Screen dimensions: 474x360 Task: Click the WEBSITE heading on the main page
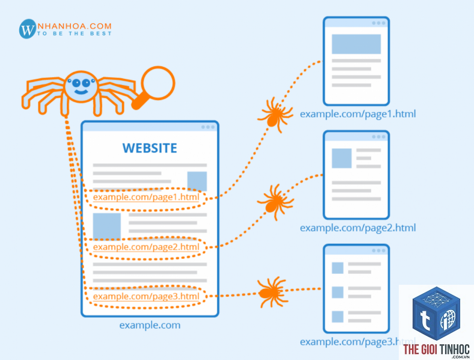click(x=150, y=148)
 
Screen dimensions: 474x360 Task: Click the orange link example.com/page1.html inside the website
click(x=146, y=197)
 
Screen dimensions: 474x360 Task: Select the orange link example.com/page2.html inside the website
click(x=146, y=247)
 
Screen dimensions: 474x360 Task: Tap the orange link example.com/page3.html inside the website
click(x=146, y=296)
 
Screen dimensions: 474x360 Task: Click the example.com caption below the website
click(x=150, y=325)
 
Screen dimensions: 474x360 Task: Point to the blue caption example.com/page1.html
click(x=358, y=114)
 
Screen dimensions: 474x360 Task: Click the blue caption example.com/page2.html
click(x=358, y=228)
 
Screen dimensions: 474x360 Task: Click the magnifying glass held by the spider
click(x=154, y=87)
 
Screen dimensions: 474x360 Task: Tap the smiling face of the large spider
click(x=81, y=87)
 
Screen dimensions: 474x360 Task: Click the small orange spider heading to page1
click(x=275, y=114)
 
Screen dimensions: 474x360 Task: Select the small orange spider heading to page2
click(x=275, y=202)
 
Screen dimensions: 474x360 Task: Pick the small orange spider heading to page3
click(x=271, y=292)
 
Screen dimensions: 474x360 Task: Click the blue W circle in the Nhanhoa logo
click(x=28, y=29)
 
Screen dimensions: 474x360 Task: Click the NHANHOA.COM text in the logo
click(x=75, y=26)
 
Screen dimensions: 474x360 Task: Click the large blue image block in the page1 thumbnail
click(x=356, y=44)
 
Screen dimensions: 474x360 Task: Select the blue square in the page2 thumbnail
click(x=342, y=158)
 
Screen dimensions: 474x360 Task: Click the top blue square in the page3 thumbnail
click(x=337, y=268)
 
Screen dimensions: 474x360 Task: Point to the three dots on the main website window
click(x=208, y=127)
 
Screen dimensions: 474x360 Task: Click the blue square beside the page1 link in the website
click(x=197, y=181)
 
